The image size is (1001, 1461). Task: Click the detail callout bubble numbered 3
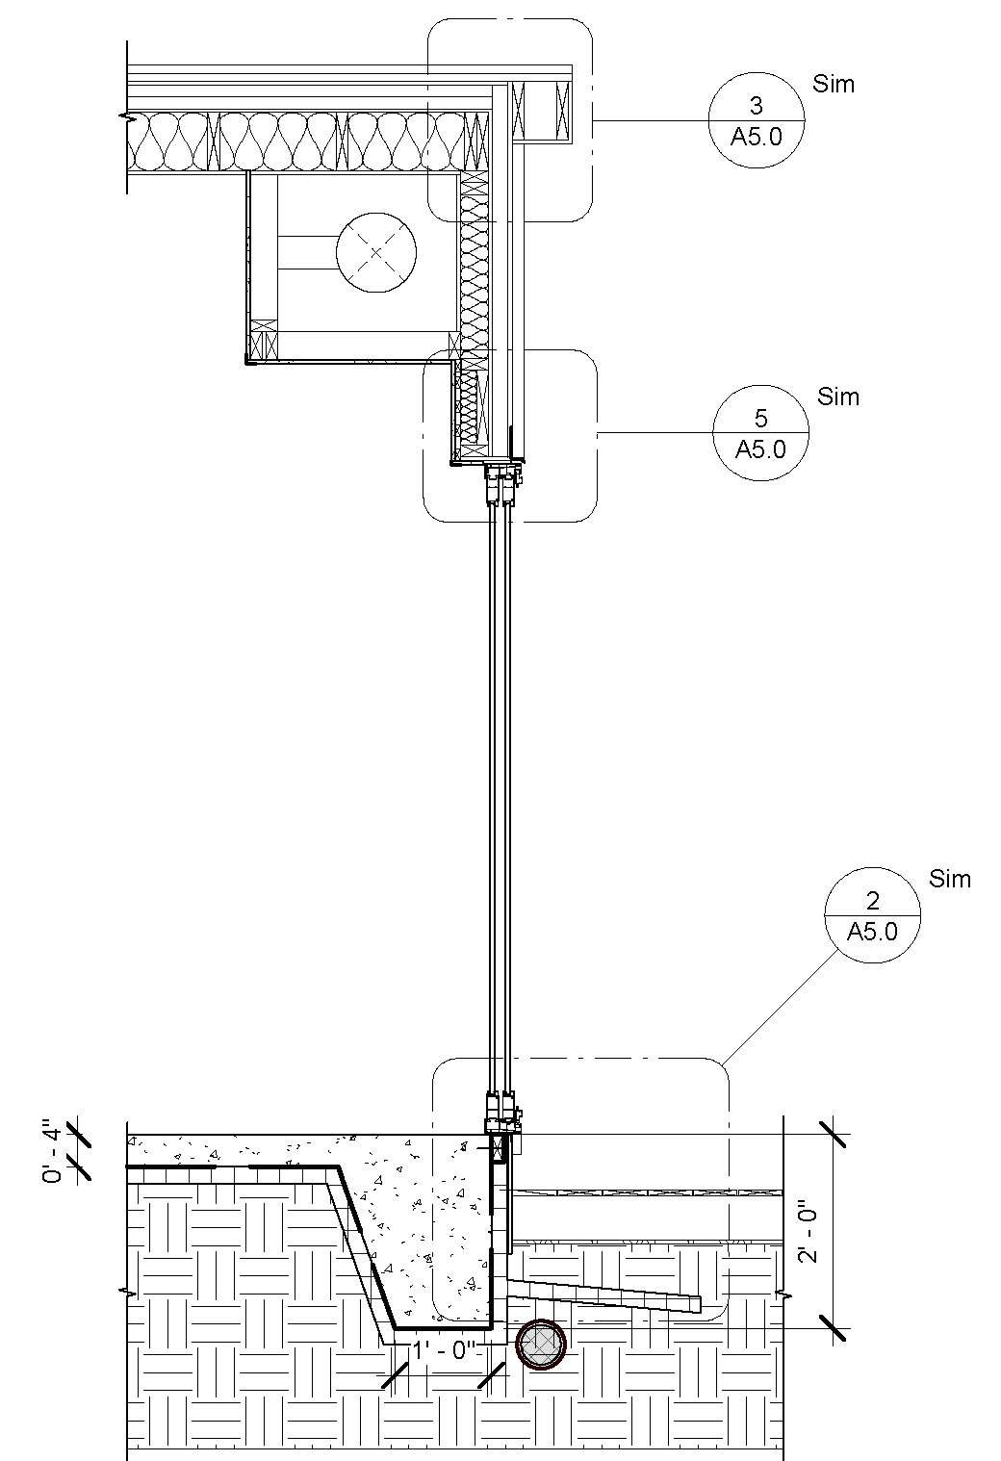point(757,120)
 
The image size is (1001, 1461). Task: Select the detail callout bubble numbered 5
point(761,433)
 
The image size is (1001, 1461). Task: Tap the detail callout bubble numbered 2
point(873,915)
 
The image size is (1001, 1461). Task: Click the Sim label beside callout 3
point(834,84)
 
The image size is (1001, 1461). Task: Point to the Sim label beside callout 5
point(838,397)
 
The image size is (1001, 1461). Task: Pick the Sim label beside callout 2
point(950,879)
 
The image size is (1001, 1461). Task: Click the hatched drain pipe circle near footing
point(541,1345)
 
